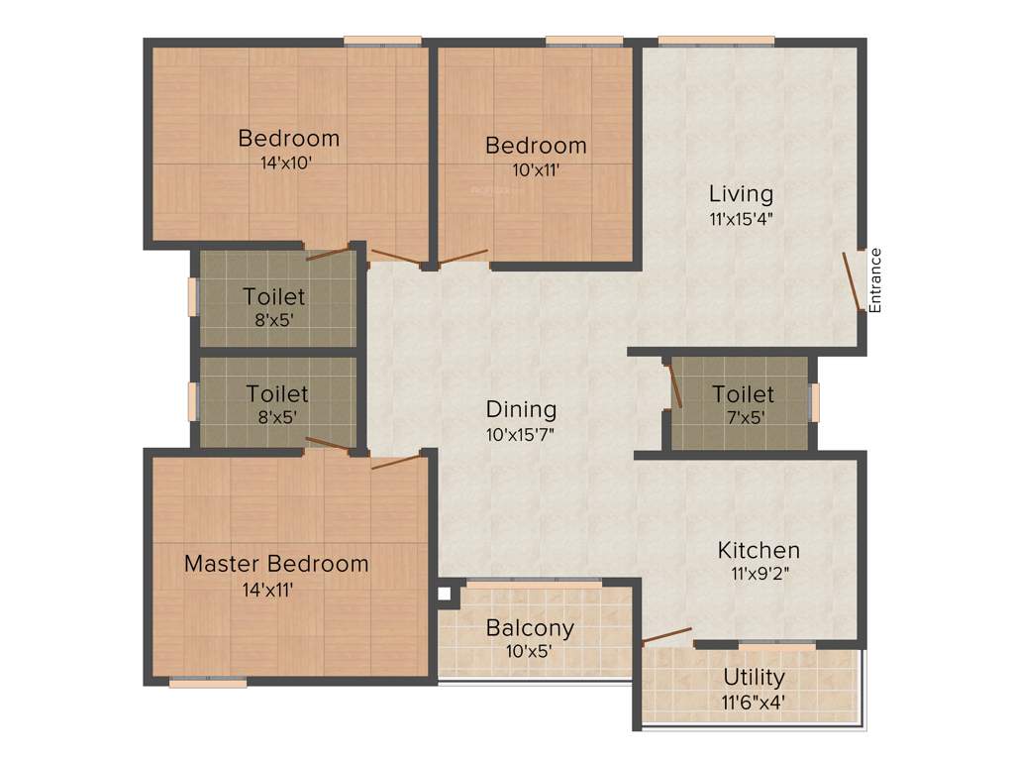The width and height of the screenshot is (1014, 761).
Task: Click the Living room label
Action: coord(741,193)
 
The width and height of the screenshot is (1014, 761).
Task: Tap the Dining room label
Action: coord(521,409)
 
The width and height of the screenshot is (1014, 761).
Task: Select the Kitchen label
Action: coord(759,550)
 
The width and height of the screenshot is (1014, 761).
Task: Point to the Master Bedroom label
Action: coord(276,564)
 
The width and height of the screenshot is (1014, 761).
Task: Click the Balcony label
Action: coord(530,628)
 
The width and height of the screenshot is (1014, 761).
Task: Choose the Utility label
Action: coord(754,678)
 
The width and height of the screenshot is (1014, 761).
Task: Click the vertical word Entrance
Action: coord(875,280)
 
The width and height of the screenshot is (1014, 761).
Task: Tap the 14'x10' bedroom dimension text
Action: coord(287,163)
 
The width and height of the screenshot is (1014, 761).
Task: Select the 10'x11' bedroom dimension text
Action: coord(535,169)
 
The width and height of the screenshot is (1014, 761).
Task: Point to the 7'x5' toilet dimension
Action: coord(742,417)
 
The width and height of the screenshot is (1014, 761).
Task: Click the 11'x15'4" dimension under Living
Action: coord(741,219)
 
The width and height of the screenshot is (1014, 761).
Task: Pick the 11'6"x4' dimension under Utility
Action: coord(754,703)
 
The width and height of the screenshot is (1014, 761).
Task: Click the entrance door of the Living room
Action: coord(852,282)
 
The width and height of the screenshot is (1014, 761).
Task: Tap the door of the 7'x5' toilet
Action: coord(675,385)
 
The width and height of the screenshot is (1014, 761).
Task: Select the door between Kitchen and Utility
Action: coord(666,634)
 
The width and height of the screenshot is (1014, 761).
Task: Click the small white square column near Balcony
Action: coord(445,595)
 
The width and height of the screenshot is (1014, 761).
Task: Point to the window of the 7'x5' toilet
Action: coord(815,403)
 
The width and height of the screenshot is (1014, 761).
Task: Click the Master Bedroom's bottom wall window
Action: coord(208,682)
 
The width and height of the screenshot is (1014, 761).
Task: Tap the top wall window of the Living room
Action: coord(716,41)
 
